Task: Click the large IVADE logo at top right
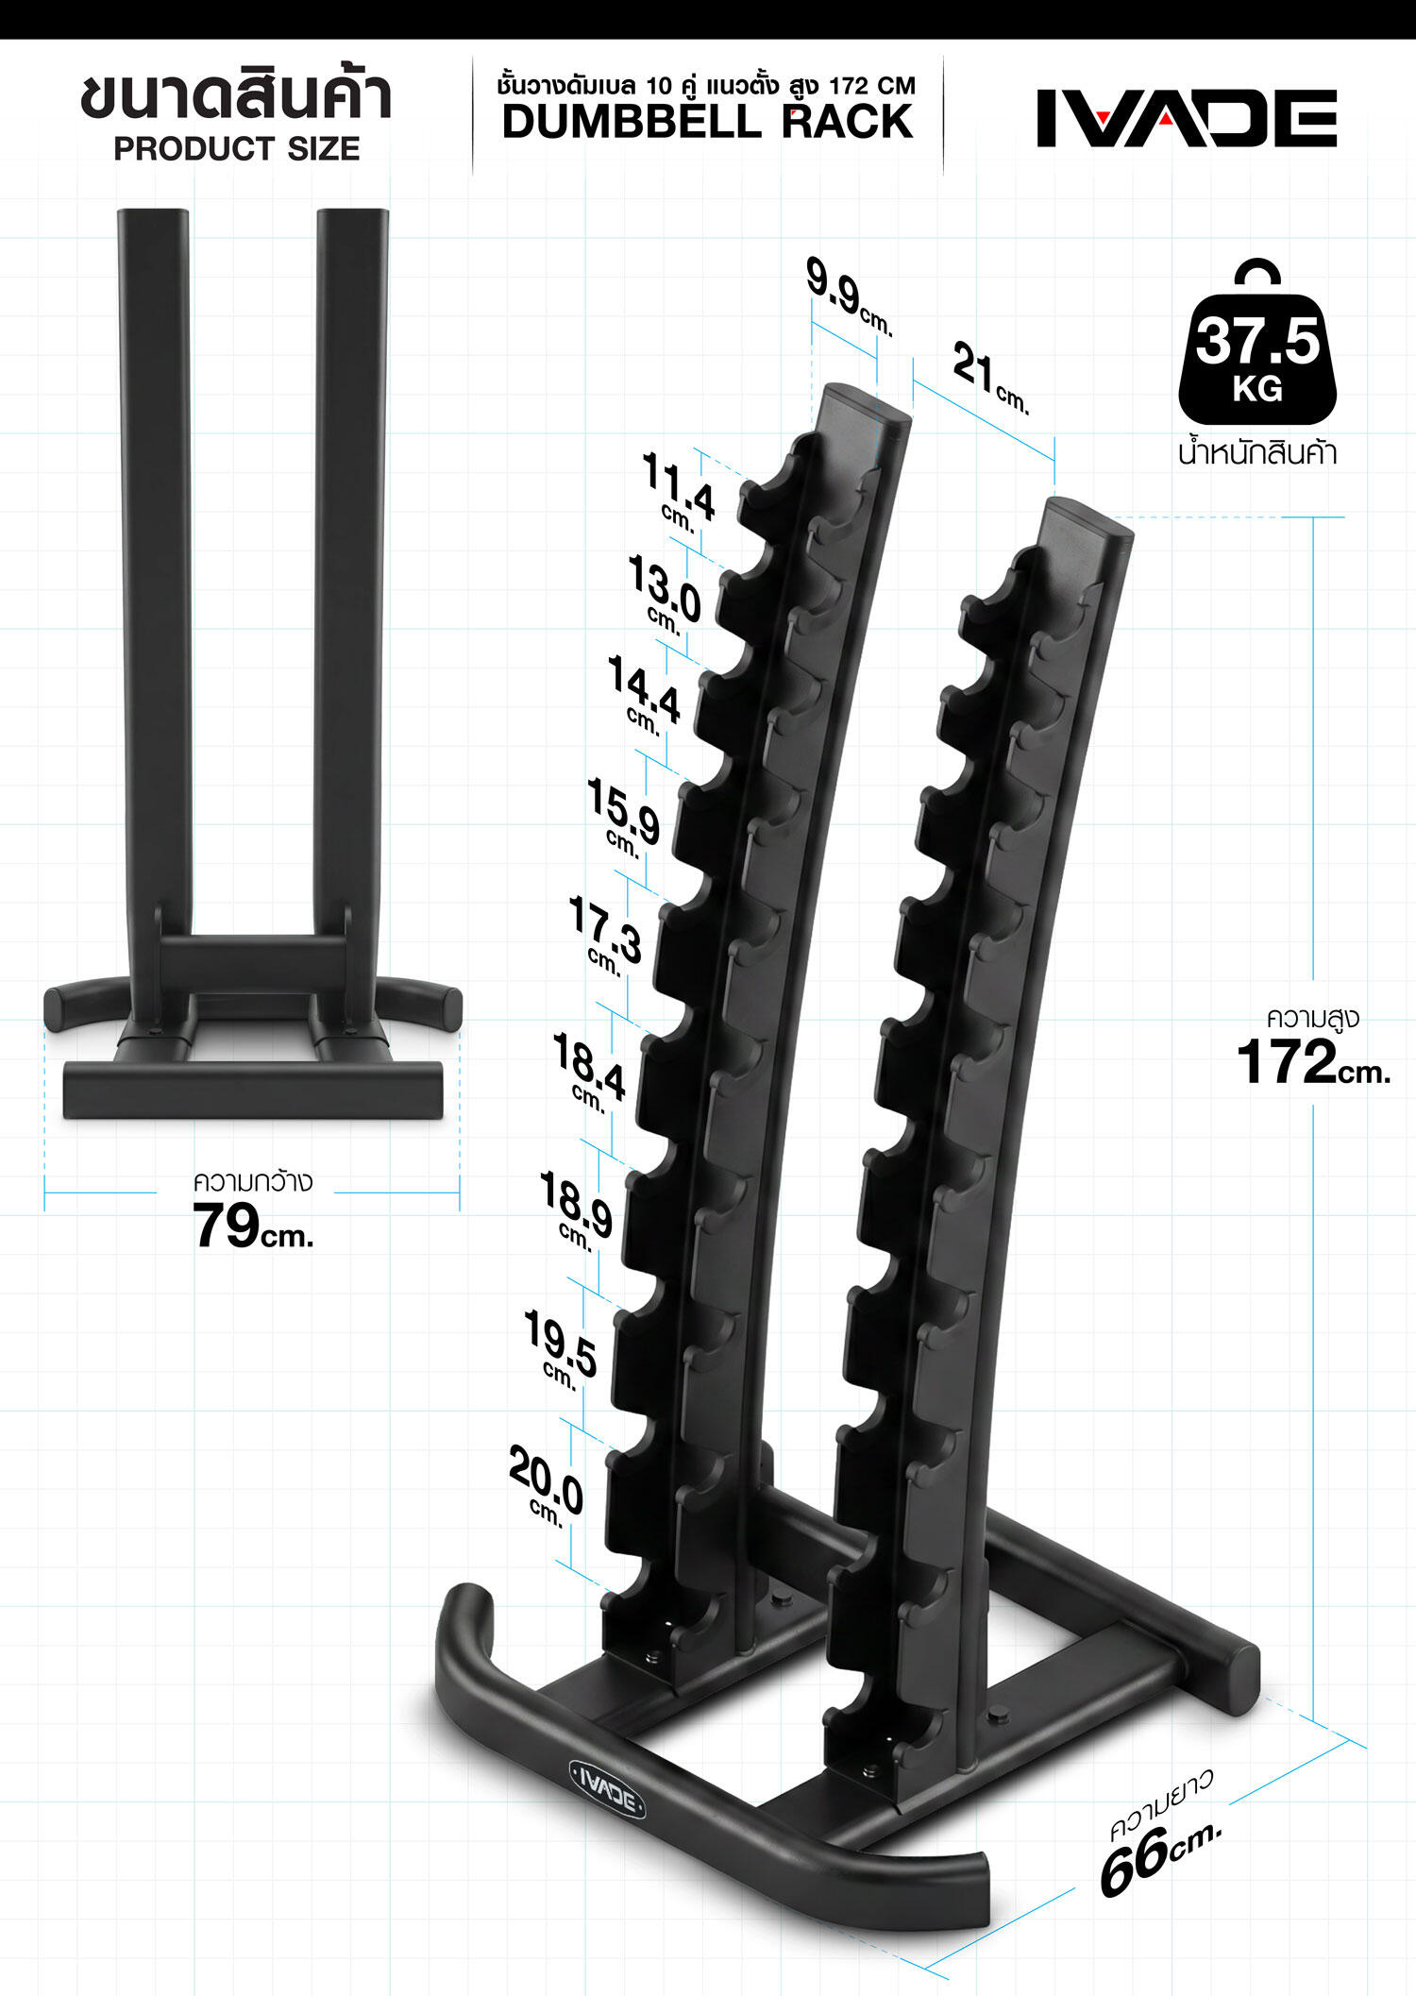coord(1187,118)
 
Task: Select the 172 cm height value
coord(1313,1061)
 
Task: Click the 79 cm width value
coord(253,1226)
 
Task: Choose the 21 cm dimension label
coord(990,378)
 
